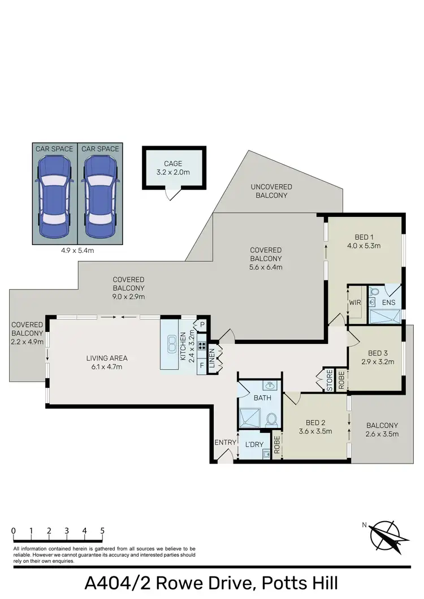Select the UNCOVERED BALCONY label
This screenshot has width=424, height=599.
[271, 191]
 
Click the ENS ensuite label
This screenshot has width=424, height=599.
[388, 303]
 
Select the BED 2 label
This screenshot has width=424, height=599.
[315, 427]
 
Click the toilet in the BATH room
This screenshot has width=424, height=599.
[271, 419]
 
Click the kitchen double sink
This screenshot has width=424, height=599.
[171, 345]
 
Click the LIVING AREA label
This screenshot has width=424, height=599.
[107, 362]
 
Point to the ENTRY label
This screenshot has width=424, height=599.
[224, 442]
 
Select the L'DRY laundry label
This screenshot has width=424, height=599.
[253, 445]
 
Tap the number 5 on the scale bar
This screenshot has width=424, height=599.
[102, 531]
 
